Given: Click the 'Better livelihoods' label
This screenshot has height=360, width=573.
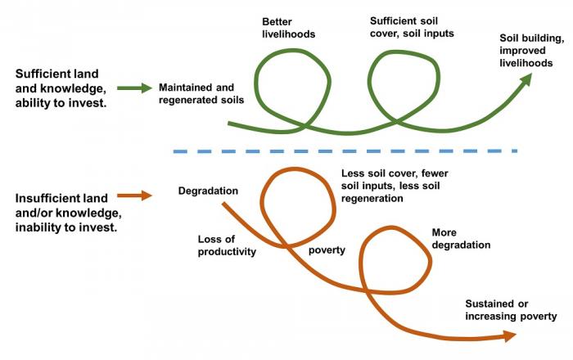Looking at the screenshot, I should coord(288,27).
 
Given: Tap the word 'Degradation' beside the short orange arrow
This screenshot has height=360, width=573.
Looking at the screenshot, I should coord(208,191).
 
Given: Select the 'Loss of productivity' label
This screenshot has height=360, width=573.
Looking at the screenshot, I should coord(227,245).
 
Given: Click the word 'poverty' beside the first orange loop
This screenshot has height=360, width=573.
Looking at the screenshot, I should coord(327,250).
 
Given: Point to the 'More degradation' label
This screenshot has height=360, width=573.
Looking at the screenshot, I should coord(460,238).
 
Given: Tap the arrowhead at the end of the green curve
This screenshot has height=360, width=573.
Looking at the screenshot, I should coord(526,78).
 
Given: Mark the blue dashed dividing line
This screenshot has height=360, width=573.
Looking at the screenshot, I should coord(344,151).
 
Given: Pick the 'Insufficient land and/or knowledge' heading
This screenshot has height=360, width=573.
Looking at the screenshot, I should coord(65,213).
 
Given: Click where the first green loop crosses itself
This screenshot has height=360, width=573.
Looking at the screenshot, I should coord(304,128).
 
